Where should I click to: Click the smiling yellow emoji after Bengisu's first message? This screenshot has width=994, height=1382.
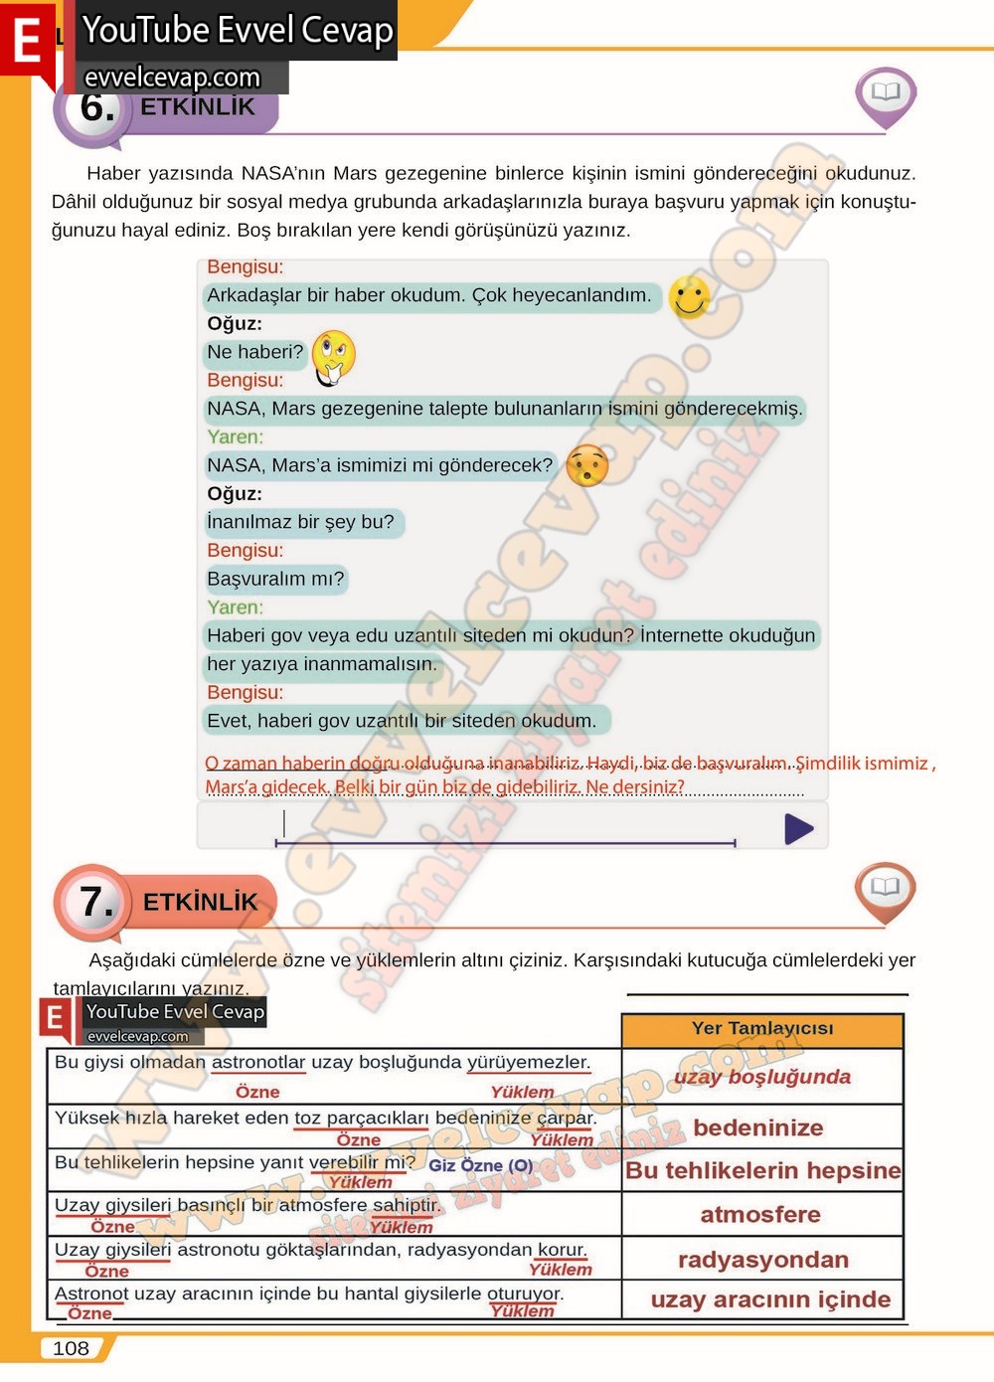point(689,296)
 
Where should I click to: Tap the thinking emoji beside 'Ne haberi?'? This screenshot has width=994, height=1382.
point(333,356)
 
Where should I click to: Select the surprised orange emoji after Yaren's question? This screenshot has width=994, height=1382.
point(586,465)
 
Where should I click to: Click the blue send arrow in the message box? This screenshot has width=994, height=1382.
point(798,828)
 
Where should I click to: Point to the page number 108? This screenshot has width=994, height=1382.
point(71,1348)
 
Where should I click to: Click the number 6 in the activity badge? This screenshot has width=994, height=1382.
point(96,107)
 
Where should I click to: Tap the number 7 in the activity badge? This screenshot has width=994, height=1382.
point(96,902)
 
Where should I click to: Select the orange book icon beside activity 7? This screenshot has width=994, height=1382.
point(885,888)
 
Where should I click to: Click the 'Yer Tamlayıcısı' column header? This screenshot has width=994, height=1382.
point(762,1029)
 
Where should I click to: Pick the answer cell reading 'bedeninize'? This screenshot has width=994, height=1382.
point(758,1127)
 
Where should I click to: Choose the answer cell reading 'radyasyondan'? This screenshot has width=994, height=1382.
point(762,1260)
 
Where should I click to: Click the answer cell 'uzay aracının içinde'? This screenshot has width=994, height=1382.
point(769,1299)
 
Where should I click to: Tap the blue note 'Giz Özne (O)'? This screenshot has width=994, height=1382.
point(481,1165)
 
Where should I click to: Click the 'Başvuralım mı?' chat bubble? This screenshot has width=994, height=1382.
point(275,579)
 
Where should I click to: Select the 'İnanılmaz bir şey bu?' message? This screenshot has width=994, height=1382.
point(301,522)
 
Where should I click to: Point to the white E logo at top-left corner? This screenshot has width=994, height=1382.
point(27,42)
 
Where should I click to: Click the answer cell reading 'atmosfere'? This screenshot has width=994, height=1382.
point(760,1214)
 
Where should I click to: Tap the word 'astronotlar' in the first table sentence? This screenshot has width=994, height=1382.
point(258,1062)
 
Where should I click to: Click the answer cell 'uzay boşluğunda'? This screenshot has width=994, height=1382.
point(762,1077)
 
